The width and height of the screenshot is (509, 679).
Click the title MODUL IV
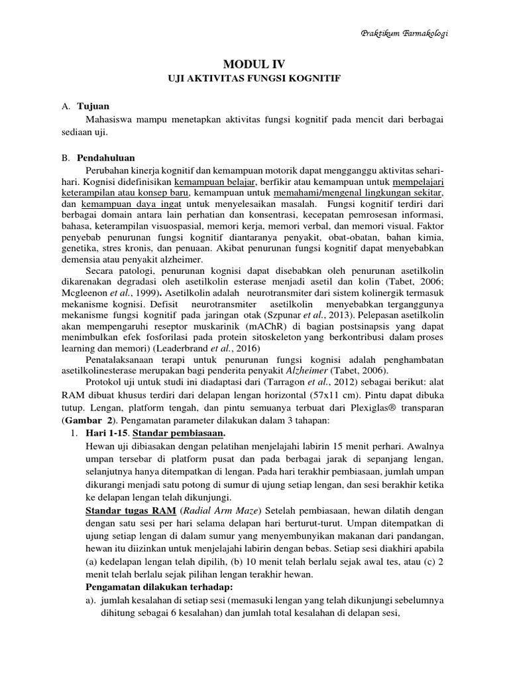tap(254, 64)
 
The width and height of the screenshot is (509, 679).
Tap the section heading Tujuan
tap(93, 106)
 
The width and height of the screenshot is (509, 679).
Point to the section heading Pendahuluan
tap(105, 158)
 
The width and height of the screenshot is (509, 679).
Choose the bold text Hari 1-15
tap(107, 434)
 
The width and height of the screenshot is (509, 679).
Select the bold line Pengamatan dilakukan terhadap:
tap(163, 587)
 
